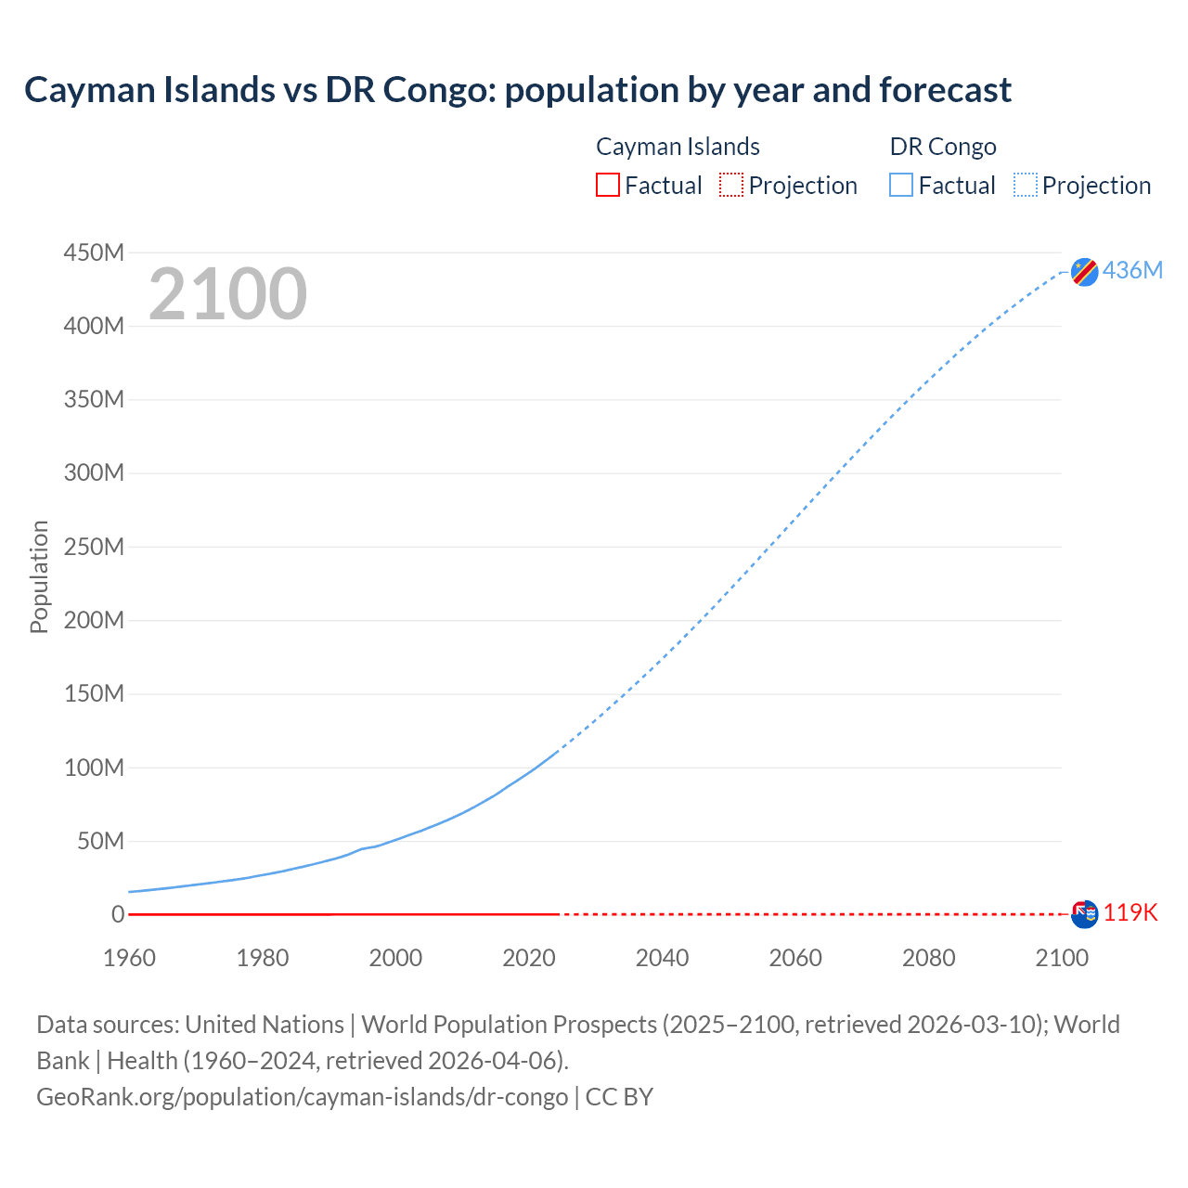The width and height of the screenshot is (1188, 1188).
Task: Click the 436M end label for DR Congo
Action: [1132, 270]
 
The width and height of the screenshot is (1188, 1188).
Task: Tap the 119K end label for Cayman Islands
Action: [1130, 912]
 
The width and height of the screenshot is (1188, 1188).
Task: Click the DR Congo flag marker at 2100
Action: [1084, 272]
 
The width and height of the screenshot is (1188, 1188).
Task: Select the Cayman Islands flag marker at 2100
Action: [1084, 914]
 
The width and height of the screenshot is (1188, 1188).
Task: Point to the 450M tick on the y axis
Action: [94, 252]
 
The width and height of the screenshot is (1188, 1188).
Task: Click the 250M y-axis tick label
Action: [94, 547]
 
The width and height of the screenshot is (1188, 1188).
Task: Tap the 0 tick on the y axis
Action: [118, 914]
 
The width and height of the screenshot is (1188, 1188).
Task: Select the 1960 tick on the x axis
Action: [129, 958]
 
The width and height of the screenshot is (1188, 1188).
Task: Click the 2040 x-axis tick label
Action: [662, 958]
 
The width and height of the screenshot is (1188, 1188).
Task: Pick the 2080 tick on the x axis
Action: [928, 958]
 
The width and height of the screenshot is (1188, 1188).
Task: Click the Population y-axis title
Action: [39, 576]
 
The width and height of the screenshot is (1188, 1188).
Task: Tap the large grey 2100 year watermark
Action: [227, 294]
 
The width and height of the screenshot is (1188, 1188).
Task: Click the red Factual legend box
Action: [607, 185]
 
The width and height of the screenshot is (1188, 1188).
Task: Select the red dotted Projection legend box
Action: [731, 185]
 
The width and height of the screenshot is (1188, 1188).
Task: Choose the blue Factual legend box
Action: [901, 185]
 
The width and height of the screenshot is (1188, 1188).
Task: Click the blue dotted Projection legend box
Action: [1026, 185]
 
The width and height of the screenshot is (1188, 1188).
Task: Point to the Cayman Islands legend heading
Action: [678, 147]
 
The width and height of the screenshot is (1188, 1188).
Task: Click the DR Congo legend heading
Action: [943, 147]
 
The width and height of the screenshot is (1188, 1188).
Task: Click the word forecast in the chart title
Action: [945, 90]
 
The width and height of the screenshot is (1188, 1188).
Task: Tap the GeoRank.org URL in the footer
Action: [302, 1096]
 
